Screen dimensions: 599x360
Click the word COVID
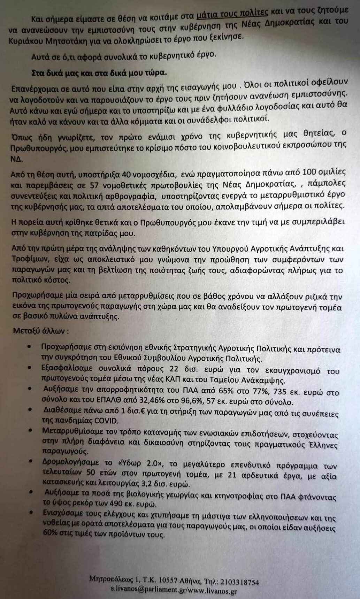pyautogui.click(x=105, y=421)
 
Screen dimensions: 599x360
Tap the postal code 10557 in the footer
pyautogui.click(x=169, y=582)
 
